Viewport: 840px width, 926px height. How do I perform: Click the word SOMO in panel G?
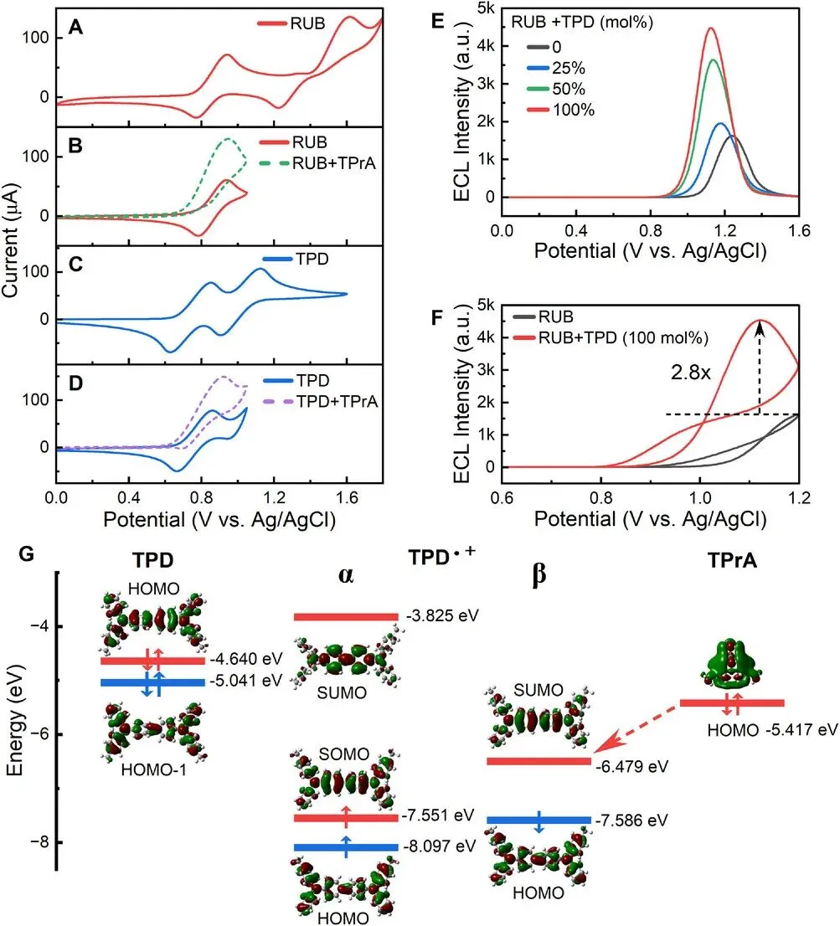(346, 754)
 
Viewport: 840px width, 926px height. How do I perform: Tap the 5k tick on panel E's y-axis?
(483, 8)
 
